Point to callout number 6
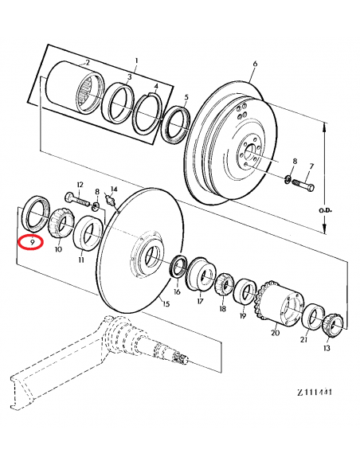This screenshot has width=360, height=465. click(254, 63)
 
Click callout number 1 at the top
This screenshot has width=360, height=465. click(136, 61)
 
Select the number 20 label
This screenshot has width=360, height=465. click(275, 335)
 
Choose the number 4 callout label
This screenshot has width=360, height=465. click(156, 87)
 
